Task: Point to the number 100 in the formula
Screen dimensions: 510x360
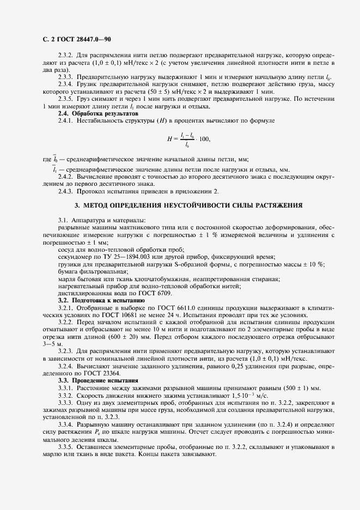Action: tap(204, 139)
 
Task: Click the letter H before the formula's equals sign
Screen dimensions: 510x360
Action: tap(169, 139)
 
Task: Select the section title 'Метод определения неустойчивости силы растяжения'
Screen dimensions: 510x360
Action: tap(188, 205)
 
